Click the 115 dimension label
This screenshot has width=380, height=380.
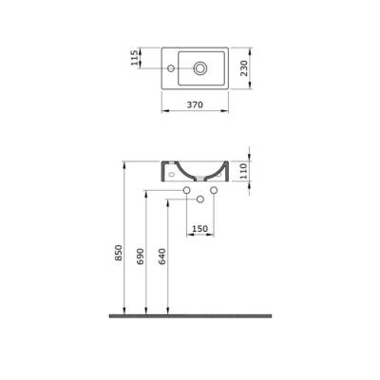click(136, 59)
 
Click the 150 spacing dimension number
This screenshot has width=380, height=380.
click(200, 228)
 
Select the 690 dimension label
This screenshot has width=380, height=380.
click(141, 259)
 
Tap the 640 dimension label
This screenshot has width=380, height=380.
click(162, 259)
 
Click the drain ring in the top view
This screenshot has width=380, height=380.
click(201, 67)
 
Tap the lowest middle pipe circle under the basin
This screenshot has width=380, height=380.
click(201, 201)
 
